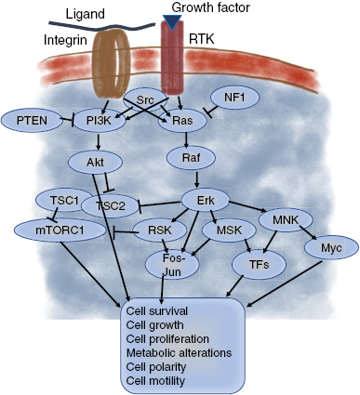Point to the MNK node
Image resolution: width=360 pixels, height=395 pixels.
click(290, 222)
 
